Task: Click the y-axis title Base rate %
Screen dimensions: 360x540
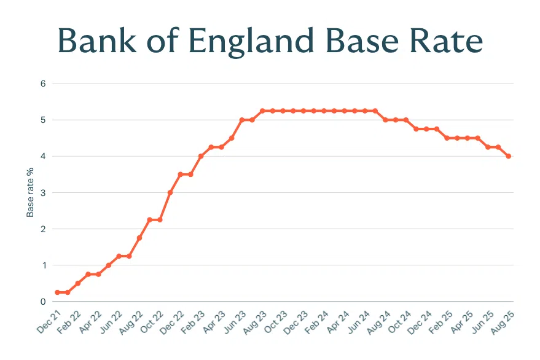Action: pos(29,192)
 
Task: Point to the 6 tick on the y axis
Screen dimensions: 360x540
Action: pos(44,84)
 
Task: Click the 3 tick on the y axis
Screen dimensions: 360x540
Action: pos(44,193)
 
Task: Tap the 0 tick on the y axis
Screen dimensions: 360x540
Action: pos(44,302)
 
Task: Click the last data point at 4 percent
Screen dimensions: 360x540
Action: pos(509,156)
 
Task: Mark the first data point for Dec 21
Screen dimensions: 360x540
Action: pos(57,292)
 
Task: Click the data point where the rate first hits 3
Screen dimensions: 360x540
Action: pos(170,193)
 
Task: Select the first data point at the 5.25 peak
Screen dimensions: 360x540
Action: pos(262,111)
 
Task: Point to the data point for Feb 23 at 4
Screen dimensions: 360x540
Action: pos(201,156)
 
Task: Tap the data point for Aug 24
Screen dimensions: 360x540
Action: pos(385,120)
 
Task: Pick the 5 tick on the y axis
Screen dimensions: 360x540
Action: pos(44,120)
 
